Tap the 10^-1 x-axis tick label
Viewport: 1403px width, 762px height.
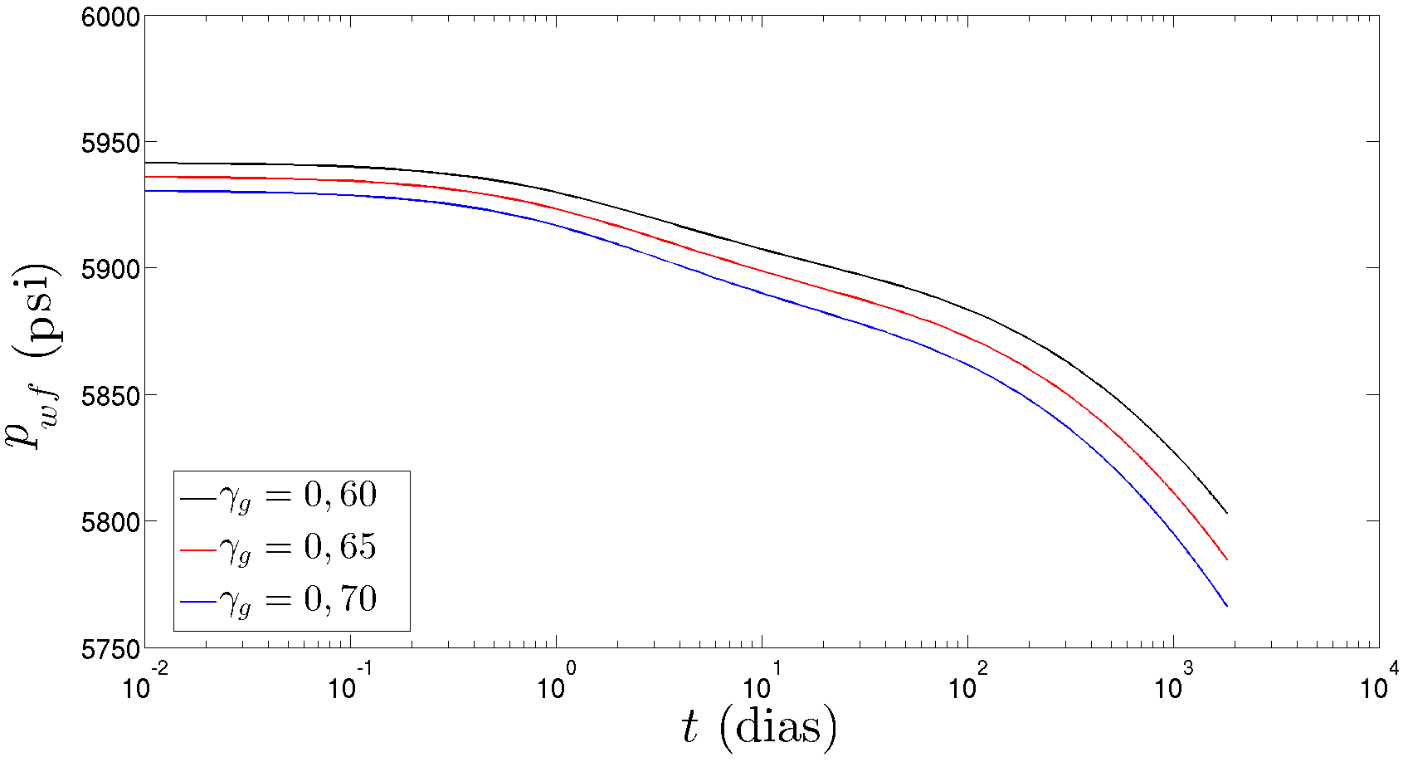[x=350, y=685]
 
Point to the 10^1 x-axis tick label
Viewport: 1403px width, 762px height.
[x=761, y=685]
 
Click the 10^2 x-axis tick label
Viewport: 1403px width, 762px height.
[x=967, y=685]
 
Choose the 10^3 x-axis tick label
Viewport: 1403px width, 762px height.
[x=1172, y=685]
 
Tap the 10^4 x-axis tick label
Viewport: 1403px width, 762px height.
[x=1378, y=685]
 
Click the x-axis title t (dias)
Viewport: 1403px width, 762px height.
[x=759, y=727]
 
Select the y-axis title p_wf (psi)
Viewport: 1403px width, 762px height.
[x=33, y=357]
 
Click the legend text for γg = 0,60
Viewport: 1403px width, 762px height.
[x=298, y=496]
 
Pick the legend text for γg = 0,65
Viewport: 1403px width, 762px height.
[x=298, y=548]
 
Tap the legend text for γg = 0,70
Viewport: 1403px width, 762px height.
[x=298, y=599]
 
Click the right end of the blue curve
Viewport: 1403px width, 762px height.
[x=1226, y=606]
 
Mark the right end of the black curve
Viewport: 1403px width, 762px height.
[x=1226, y=513]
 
